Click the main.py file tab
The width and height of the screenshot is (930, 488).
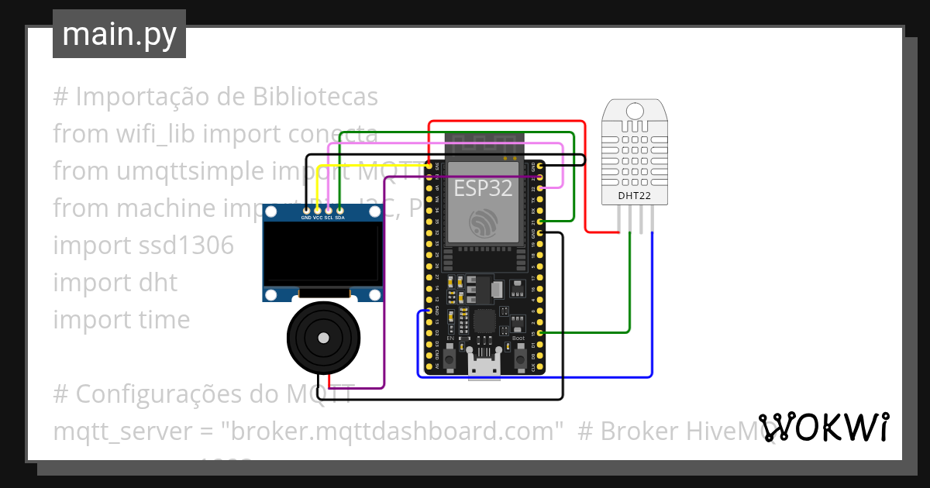tap(119, 34)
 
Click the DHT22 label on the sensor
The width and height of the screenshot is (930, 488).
tap(634, 196)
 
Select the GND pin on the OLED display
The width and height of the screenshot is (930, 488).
tap(306, 211)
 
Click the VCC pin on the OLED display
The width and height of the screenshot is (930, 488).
tap(318, 211)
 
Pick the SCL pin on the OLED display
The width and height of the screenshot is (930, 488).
tap(329, 211)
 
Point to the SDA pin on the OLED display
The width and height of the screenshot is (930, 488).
tap(339, 211)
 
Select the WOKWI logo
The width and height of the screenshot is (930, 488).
tap(823, 427)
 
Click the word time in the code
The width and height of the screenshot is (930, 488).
tap(164, 320)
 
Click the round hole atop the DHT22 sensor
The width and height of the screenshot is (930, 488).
tap(634, 111)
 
